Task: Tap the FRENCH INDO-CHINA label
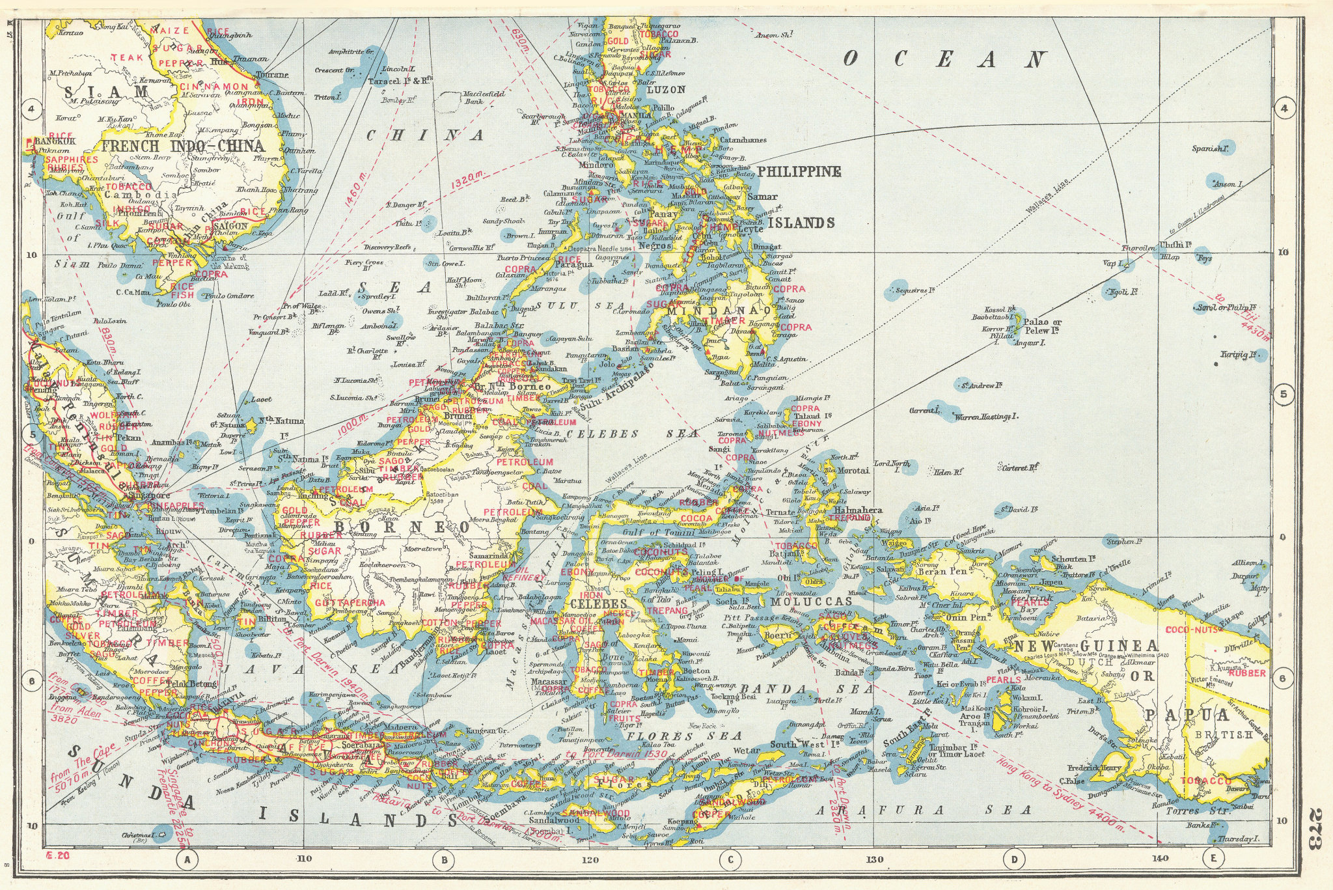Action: (x=183, y=146)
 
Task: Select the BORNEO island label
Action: (x=402, y=526)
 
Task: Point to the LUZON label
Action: (x=666, y=90)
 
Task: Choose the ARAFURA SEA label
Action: (x=924, y=810)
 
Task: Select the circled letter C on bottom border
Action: (x=730, y=861)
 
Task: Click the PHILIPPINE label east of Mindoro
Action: (x=799, y=172)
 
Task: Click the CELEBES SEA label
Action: (x=631, y=433)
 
